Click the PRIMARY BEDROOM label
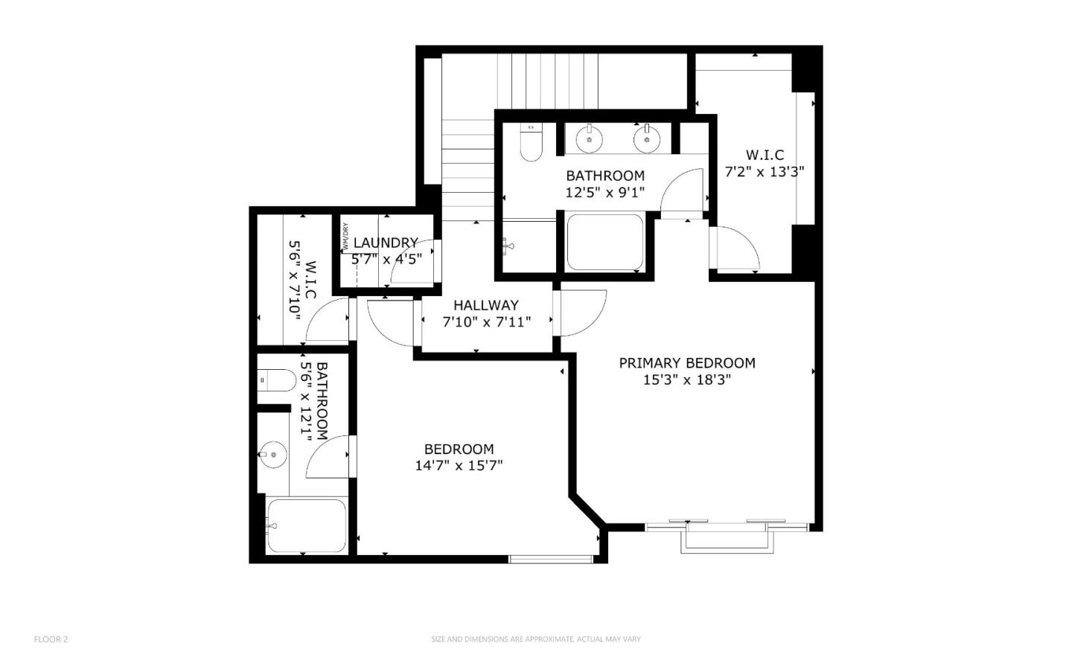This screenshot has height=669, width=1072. click(x=686, y=363)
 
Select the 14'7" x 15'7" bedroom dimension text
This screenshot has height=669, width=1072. click(x=459, y=466)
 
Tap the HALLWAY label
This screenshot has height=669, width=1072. click(x=485, y=305)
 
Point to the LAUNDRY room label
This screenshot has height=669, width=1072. click(x=386, y=243)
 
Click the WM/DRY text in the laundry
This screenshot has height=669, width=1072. click(x=345, y=237)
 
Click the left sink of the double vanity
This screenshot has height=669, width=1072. click(x=590, y=138)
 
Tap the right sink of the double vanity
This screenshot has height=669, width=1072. click(x=647, y=138)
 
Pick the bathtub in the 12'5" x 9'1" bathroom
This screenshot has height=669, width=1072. click(x=604, y=243)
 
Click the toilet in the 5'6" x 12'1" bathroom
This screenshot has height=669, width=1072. click(x=277, y=380)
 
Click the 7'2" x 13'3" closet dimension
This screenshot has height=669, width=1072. click(x=765, y=171)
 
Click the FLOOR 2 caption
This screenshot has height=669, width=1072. click(x=51, y=638)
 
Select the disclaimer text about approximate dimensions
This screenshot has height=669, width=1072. click(x=535, y=638)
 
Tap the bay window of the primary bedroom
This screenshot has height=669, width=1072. click(x=727, y=537)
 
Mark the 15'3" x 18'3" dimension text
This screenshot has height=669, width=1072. click(x=686, y=380)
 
